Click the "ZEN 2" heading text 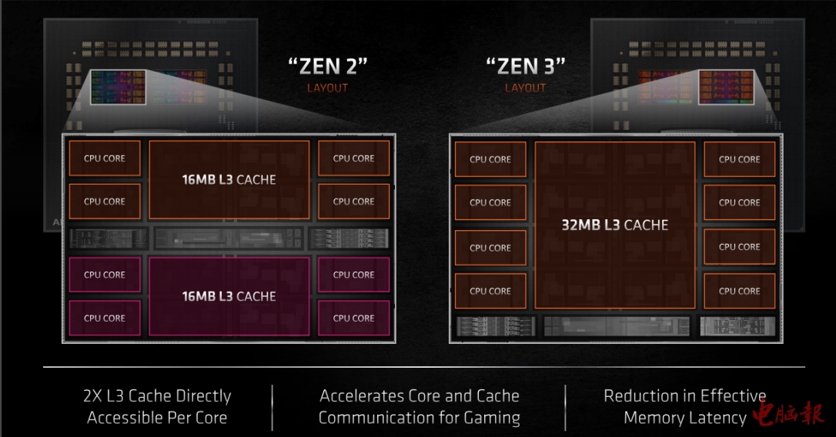327,65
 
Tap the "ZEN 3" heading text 525,65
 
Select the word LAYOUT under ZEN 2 327,88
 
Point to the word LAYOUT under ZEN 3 525,88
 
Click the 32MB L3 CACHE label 614,225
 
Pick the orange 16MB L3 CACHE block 229,180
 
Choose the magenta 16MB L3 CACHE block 229,296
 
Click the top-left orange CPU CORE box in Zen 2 105,158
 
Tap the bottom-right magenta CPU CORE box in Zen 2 353,318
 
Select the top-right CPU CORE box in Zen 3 739,159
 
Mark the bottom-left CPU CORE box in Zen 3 490,291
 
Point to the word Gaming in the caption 490,418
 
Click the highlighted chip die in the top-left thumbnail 117,87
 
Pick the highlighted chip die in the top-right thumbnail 727,87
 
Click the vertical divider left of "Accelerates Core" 273,408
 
